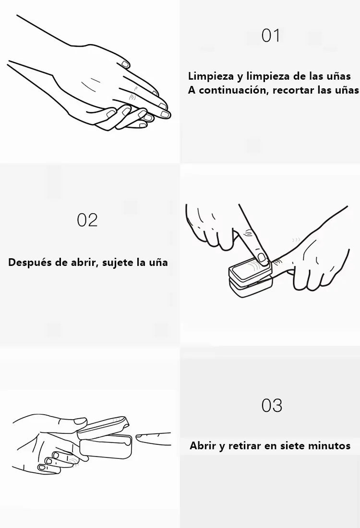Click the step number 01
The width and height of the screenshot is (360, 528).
click(x=271, y=36)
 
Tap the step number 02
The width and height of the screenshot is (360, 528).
click(x=87, y=220)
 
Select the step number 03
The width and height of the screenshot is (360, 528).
click(x=272, y=406)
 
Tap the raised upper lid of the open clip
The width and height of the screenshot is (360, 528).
click(x=103, y=426)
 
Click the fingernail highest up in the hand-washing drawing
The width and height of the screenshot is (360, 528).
click(x=125, y=64)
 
